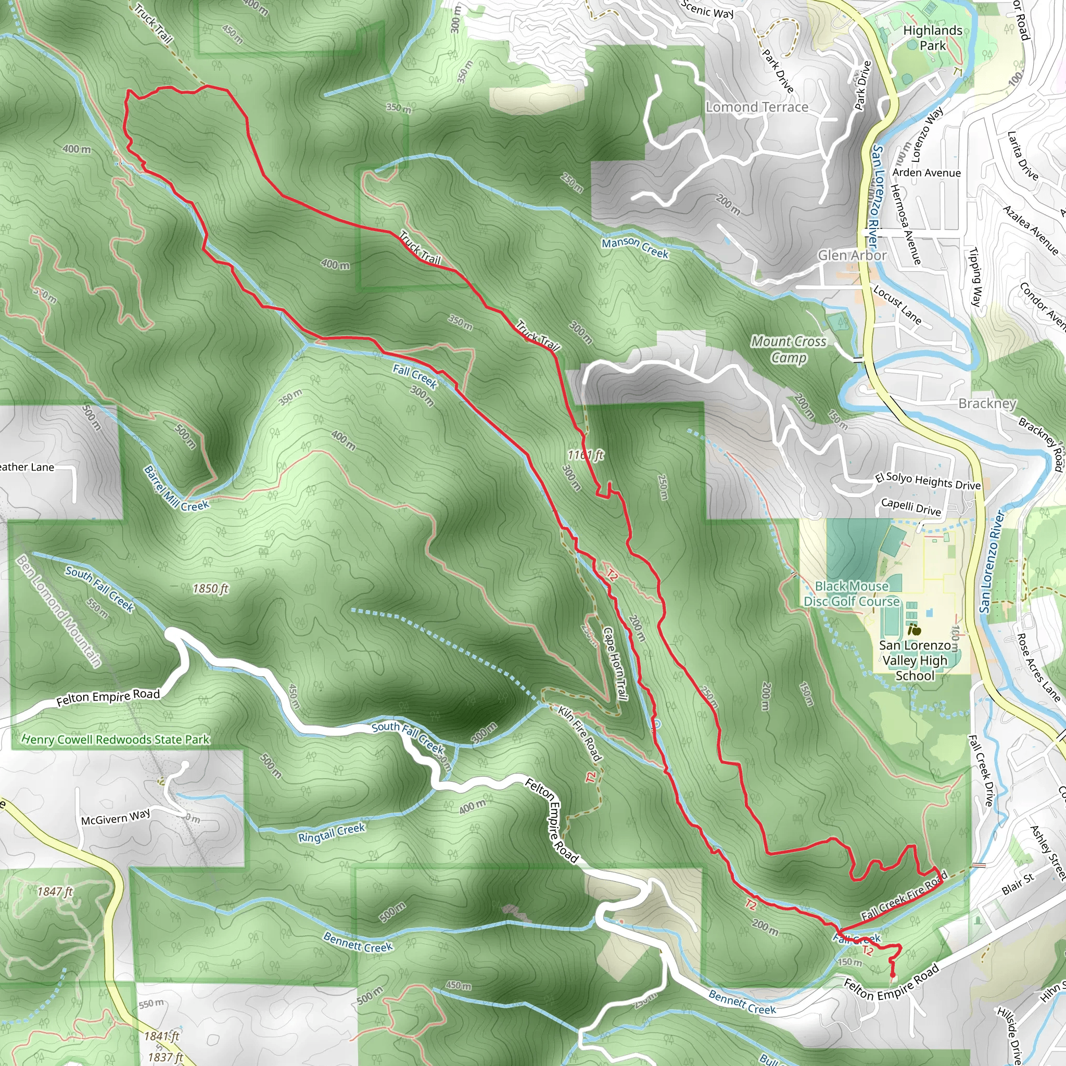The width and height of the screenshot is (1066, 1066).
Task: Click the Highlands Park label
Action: [932, 38]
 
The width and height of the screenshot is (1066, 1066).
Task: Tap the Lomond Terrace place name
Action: [756, 107]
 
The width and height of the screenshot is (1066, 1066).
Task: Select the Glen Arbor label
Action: [852, 255]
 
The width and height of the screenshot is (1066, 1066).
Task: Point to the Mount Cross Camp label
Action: [789, 349]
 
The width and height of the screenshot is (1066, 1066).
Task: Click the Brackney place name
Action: [986, 403]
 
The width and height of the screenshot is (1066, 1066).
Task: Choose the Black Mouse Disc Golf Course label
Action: [852, 594]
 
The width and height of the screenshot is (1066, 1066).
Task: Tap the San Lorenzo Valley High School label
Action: [915, 661]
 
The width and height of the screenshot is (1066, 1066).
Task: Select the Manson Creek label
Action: [634, 248]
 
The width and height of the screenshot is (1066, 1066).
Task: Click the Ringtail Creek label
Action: [332, 833]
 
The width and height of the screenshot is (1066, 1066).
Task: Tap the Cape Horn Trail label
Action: [615, 664]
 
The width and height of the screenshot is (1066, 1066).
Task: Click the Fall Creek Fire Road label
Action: [904, 895]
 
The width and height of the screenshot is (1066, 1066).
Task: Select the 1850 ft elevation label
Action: [210, 589]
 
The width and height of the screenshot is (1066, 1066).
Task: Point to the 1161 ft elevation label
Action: [586, 455]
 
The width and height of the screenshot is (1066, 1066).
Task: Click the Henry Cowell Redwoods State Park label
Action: [116, 739]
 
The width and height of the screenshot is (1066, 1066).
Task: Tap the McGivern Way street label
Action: [116, 817]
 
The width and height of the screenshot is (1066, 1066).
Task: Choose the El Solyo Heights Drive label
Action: [928, 481]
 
